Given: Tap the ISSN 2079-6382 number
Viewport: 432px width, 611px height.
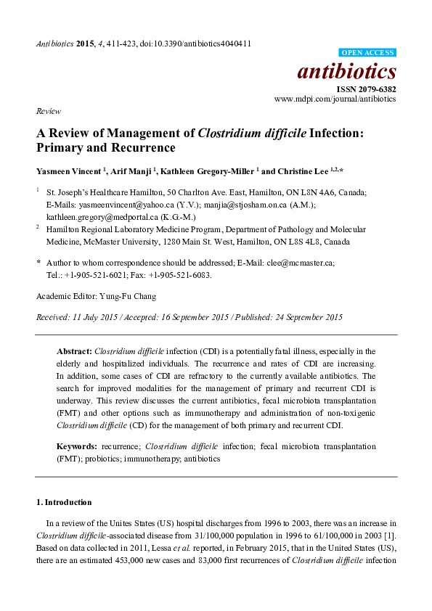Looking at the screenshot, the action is click(x=366, y=88).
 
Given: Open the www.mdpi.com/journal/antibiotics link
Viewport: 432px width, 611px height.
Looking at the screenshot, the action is click(x=335, y=98).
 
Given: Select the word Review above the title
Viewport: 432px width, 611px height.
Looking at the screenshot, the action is click(x=47, y=112).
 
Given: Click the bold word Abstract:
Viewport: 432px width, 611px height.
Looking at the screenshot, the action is click(x=75, y=350).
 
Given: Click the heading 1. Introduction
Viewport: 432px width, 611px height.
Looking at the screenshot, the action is click(x=64, y=502).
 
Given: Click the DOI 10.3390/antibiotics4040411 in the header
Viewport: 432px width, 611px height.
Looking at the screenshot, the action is click(x=203, y=44).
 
